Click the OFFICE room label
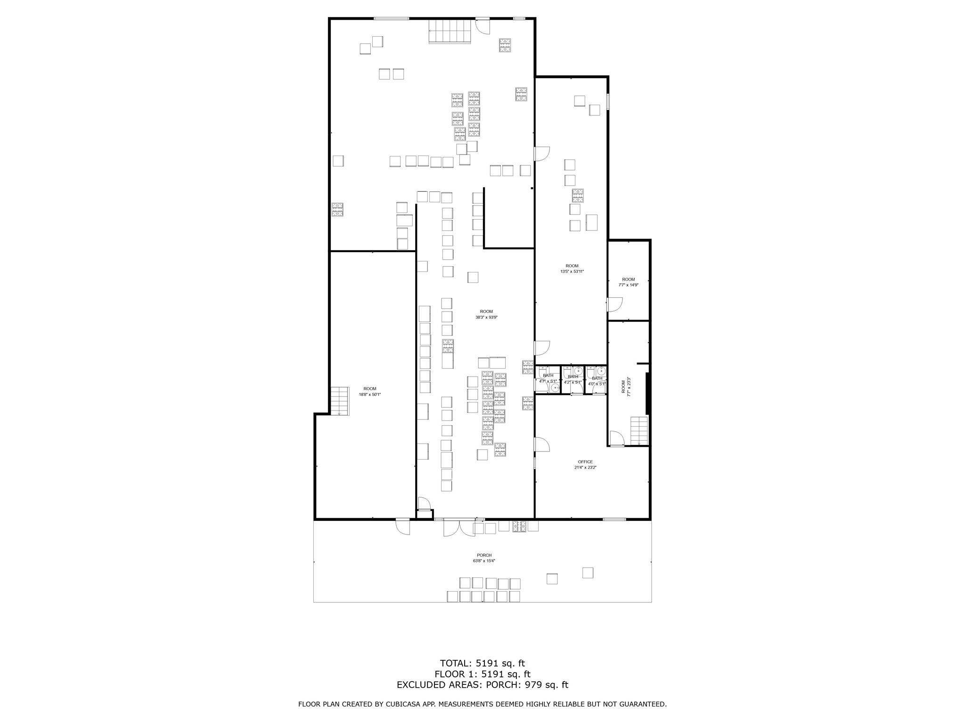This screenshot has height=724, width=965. [585, 462]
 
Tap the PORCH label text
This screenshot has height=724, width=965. [484, 555]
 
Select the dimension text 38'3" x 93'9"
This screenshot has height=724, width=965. [486, 317]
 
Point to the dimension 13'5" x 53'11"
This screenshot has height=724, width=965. [572, 271]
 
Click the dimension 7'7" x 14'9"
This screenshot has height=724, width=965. [628, 285]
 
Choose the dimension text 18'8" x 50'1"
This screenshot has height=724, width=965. [370, 395]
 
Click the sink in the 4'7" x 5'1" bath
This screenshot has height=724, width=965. [555, 387]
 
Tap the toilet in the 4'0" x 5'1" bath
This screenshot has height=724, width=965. [590, 373]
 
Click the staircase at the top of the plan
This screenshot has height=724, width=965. [450, 31]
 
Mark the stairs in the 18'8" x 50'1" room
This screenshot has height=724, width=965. [339, 401]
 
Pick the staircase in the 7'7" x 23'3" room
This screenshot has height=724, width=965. [639, 430]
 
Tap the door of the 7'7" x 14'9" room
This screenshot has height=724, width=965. [614, 304]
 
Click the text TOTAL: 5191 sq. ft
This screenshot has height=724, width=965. [482, 664]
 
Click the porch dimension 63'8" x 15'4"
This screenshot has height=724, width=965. [484, 561]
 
